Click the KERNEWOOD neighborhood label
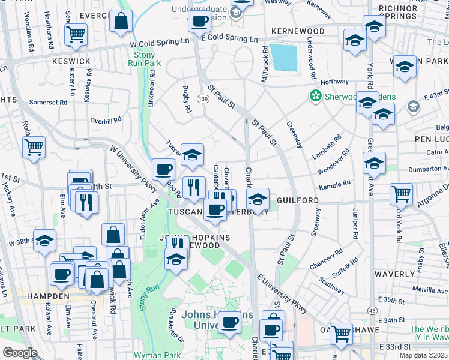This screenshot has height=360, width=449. click(298, 31)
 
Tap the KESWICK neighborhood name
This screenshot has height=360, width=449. click(71, 62)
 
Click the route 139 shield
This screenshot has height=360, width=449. click(204, 98)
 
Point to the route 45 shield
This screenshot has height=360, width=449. click(372, 310)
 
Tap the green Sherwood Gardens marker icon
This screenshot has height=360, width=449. click(314, 96)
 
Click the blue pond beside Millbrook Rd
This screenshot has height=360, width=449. click(284, 58)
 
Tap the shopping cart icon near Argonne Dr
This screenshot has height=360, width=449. click(401, 194)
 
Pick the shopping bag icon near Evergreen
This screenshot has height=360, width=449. click(121, 22)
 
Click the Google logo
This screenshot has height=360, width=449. click(20, 353)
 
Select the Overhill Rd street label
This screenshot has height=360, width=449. click(106, 119)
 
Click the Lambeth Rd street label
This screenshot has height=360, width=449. click(327, 146)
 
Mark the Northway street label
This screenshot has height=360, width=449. click(334, 82)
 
